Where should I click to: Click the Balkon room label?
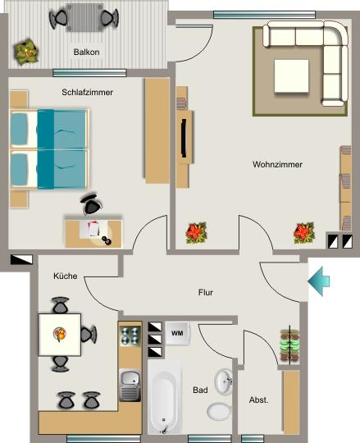[86, 51]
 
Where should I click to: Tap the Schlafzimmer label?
[87, 92]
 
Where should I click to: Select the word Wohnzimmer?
[277, 164]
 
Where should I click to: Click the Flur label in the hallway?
[206, 292]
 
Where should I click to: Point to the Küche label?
[66, 276]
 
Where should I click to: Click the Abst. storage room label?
[258, 400]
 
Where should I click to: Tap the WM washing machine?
[176, 333]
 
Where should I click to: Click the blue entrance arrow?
[319, 281]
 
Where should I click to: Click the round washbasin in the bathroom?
[224, 382]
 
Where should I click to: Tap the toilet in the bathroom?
[220, 411]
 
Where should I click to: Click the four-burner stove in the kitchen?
[130, 336]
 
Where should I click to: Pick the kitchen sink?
[130, 382]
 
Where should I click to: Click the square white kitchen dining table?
[60, 334]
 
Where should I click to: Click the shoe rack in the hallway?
[288, 345]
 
